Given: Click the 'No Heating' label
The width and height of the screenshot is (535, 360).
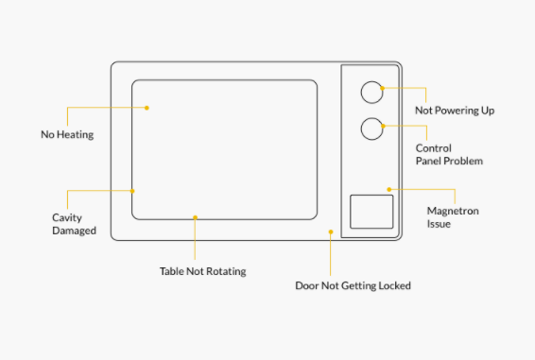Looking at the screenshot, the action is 67,134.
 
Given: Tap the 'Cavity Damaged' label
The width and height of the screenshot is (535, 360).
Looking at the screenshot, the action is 74,224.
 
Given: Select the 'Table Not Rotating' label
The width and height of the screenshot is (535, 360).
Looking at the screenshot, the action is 203,271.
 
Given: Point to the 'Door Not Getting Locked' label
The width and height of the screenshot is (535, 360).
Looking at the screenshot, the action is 353,285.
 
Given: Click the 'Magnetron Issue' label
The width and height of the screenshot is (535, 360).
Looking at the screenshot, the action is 453,217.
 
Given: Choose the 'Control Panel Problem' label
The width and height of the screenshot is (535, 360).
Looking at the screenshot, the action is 449,154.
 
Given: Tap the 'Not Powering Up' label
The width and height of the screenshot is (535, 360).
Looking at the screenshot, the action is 455,111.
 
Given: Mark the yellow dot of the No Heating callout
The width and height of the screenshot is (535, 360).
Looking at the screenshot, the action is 147,108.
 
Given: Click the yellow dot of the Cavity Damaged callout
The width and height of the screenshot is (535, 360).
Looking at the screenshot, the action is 132,191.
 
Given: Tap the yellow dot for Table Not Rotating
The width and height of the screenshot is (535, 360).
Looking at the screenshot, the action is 195,217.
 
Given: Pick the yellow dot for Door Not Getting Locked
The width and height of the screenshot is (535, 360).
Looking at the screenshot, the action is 331,232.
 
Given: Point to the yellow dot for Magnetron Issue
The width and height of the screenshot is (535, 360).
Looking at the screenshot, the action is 389,189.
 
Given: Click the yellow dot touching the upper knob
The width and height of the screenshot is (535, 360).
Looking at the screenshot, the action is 383,89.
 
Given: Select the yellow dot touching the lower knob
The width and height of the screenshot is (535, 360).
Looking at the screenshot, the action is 383,127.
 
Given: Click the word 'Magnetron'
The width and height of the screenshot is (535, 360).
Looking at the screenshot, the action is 453,211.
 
